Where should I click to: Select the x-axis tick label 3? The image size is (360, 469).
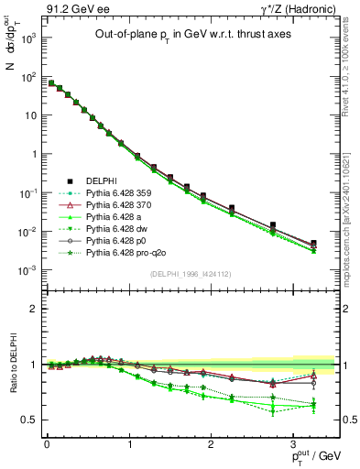click(292, 444)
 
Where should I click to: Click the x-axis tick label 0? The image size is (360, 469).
click(47, 444)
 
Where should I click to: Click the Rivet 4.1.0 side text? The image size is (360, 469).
click(351, 75)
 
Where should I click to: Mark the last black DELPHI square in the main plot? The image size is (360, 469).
click(313, 244)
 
